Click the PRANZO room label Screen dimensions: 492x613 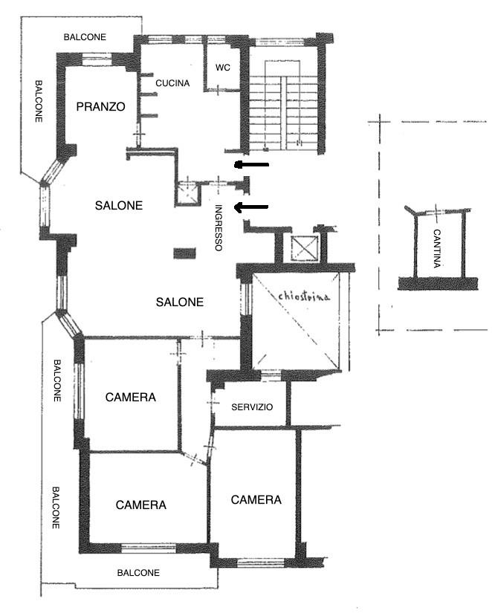[x=100, y=106]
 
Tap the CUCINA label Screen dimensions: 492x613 [x=172, y=83]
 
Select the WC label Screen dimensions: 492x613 [x=223, y=67]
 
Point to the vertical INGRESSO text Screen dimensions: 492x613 [x=219, y=228]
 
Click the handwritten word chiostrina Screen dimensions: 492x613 [x=304, y=296]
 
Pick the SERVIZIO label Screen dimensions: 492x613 [x=252, y=407]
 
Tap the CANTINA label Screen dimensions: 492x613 [x=437, y=248]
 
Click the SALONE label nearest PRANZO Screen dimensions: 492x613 [x=118, y=205]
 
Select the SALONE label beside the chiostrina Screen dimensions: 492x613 [x=180, y=302]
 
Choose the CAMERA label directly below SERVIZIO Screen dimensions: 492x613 [x=256, y=499]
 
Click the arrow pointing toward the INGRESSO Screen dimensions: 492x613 [x=251, y=207]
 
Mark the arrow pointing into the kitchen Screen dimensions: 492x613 [x=251, y=165]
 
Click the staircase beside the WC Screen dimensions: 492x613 [x=283, y=106]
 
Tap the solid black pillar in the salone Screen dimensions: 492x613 [x=184, y=253]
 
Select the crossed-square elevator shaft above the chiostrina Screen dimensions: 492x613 [x=303, y=248]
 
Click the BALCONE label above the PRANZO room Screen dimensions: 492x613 [x=85, y=36]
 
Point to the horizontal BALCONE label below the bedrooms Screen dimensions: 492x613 [x=138, y=573]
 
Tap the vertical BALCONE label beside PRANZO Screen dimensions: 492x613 [x=39, y=101]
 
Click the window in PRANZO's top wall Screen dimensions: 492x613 [x=97, y=60]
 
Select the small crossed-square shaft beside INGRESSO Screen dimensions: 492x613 [x=188, y=193]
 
